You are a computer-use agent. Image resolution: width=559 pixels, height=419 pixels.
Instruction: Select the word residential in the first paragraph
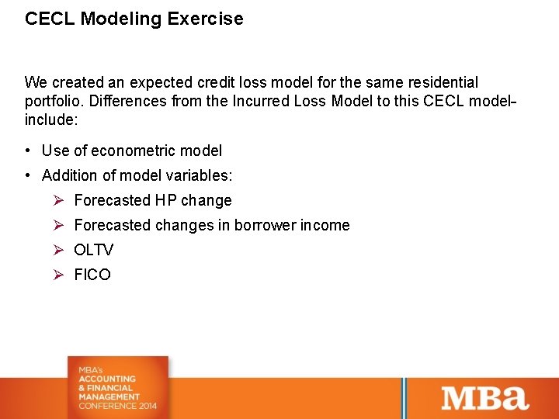click(443, 82)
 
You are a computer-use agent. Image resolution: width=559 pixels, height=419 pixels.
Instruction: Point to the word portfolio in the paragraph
click(52, 101)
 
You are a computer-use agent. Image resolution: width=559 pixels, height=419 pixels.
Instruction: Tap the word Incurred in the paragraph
click(262, 101)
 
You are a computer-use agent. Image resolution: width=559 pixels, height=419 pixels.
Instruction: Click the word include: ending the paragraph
click(51, 119)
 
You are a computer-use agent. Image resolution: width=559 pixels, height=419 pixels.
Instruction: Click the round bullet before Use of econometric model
click(28, 151)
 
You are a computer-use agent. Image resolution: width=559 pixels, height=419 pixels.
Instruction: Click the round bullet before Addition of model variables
click(28, 175)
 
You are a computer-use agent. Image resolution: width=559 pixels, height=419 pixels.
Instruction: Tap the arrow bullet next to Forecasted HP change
click(57, 200)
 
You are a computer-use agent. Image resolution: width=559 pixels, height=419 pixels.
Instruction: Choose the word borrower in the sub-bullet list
click(267, 225)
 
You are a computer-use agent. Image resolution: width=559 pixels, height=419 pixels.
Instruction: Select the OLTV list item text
click(93, 250)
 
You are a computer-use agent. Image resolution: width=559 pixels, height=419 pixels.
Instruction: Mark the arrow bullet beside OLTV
click(57, 250)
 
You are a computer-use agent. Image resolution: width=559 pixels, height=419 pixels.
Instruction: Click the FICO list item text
click(92, 275)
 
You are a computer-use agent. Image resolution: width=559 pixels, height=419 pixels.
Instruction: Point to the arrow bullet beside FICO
click(57, 275)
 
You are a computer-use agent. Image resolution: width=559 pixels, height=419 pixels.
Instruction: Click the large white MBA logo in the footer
click(485, 397)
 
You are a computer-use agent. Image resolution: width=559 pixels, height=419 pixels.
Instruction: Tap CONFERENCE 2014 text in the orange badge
click(117, 406)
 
